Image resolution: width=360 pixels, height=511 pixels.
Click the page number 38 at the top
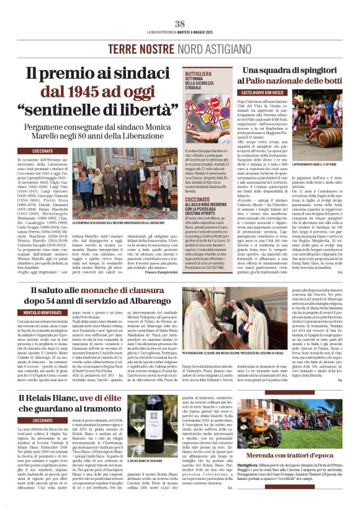(180, 24)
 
